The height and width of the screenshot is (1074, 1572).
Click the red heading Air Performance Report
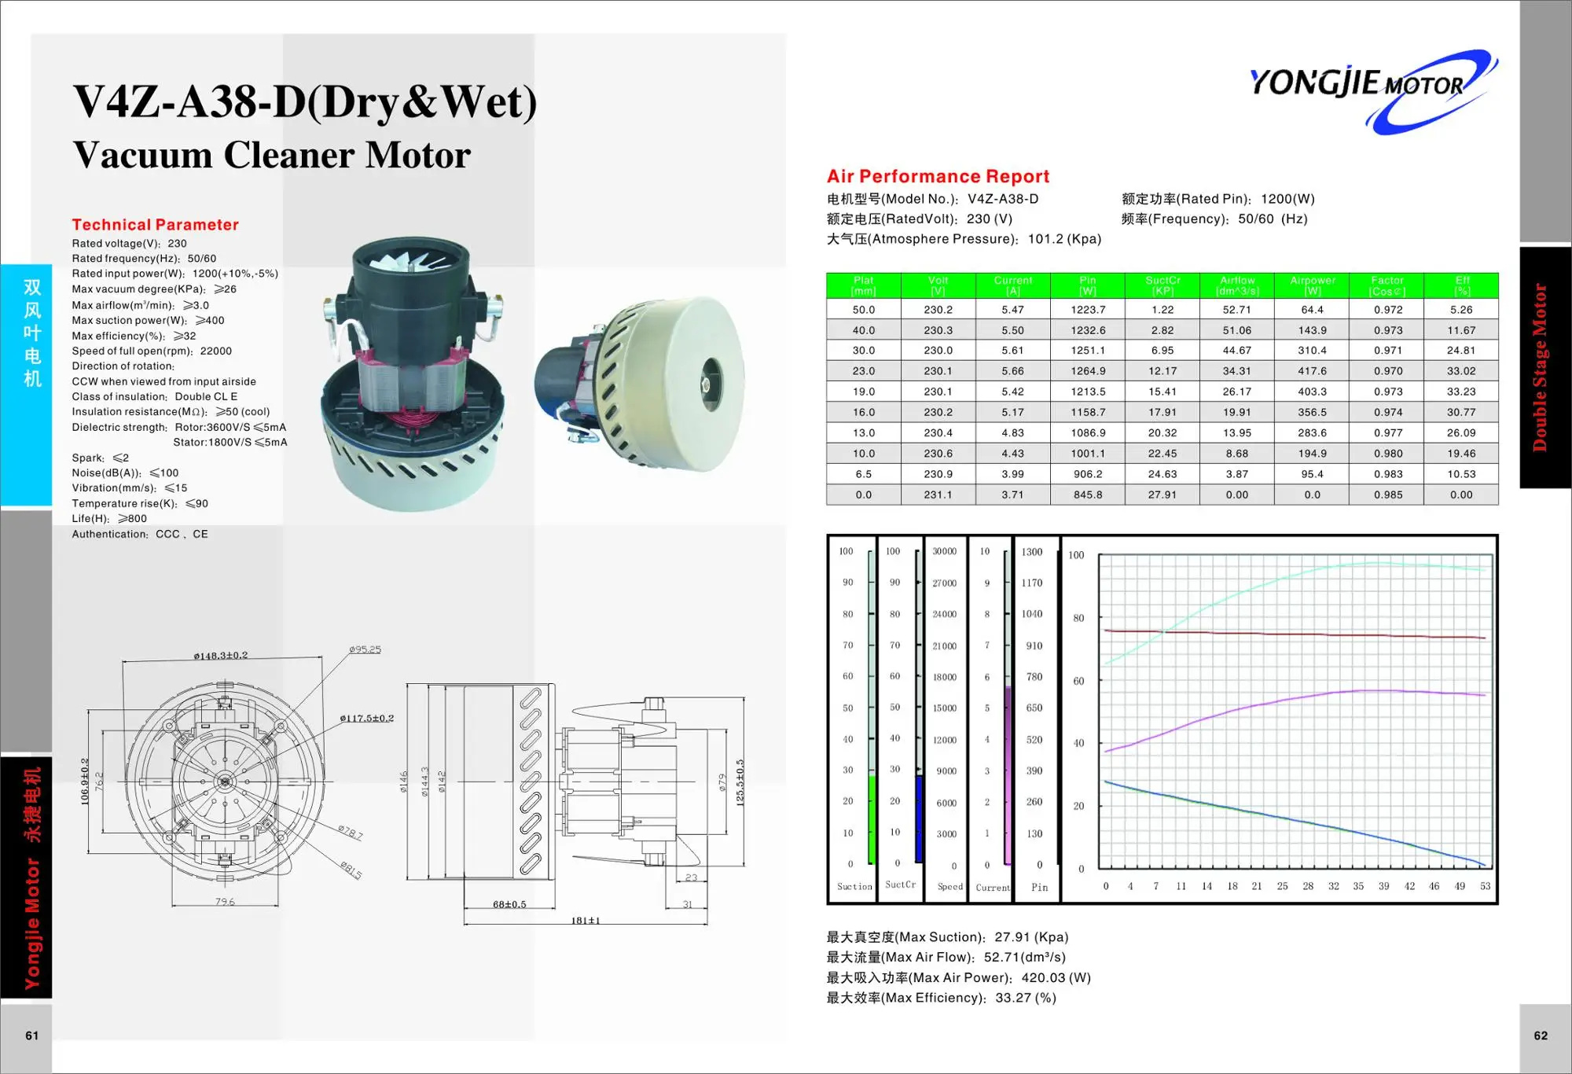(x=938, y=176)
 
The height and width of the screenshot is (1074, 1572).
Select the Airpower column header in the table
(x=1312, y=285)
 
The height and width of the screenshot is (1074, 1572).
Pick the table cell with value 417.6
(x=1312, y=371)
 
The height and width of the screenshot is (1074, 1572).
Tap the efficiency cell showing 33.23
(x=1461, y=392)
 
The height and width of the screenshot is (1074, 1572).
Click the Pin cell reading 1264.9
(x=1087, y=371)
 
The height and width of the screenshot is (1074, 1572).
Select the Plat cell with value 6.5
(x=863, y=474)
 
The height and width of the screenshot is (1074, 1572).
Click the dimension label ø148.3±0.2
(x=220, y=655)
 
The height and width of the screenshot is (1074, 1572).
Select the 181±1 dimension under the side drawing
(x=586, y=921)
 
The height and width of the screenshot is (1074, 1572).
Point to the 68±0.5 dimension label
(x=509, y=904)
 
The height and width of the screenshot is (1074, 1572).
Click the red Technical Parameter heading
(x=155, y=225)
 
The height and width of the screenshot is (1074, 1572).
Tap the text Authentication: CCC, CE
(x=140, y=534)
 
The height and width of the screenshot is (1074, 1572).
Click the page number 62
(x=1540, y=1035)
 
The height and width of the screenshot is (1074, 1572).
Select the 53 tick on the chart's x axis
(x=1485, y=886)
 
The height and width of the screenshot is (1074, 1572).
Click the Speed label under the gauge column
(x=949, y=887)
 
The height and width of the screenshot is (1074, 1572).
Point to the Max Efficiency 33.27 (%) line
(x=941, y=998)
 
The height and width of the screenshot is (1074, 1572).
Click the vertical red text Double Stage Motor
(x=1540, y=367)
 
